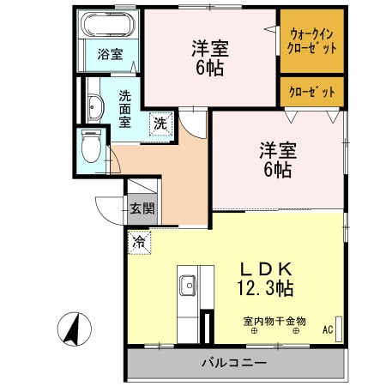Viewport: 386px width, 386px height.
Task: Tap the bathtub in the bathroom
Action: [110, 25]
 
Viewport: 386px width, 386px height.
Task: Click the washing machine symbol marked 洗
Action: [160, 123]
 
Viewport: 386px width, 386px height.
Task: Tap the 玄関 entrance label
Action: [142, 207]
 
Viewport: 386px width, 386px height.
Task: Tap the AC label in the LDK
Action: [328, 329]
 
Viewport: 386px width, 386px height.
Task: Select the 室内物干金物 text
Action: [274, 321]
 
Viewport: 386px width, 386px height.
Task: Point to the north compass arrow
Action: [75, 329]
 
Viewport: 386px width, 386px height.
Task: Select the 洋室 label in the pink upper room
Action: [208, 48]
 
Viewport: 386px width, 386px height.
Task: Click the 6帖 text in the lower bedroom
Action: [278, 170]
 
